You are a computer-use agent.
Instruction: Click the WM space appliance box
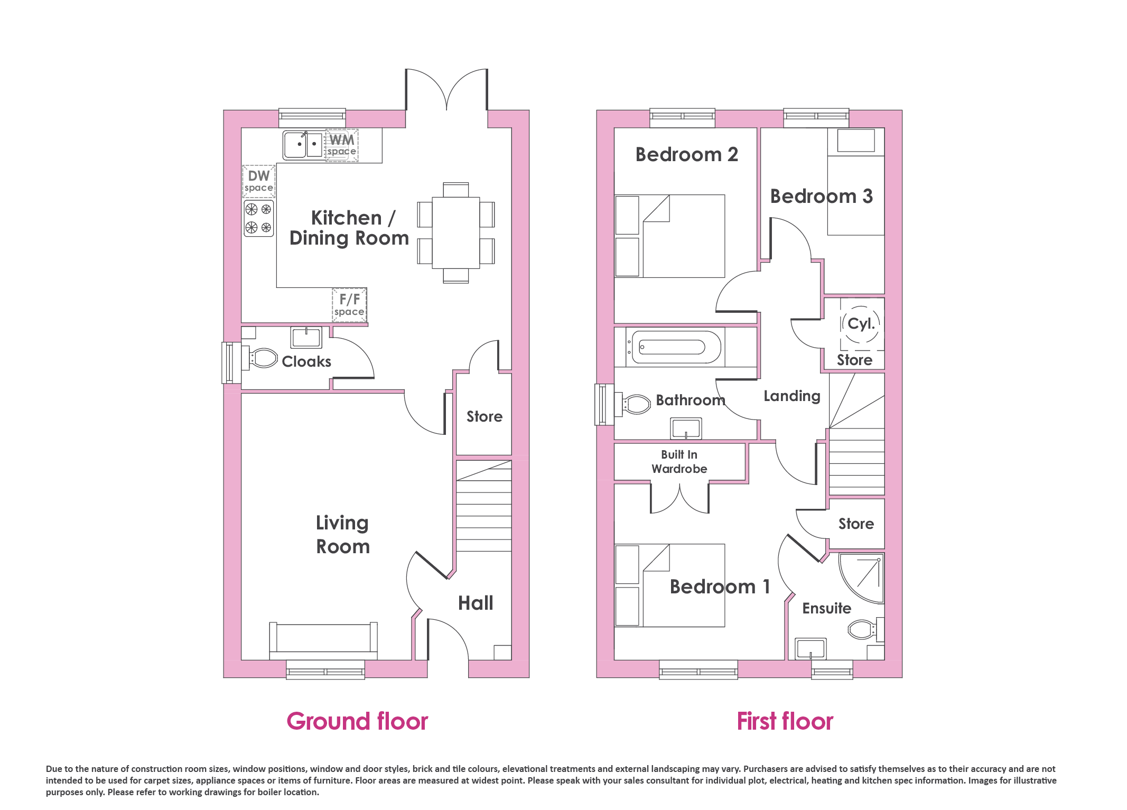click(x=342, y=145)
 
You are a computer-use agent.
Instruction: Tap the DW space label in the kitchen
click(x=259, y=181)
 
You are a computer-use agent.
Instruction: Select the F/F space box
click(x=349, y=305)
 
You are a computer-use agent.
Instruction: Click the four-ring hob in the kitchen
click(x=259, y=218)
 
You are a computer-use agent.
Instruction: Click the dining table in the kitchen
click(x=456, y=233)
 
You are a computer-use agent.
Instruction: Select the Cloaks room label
click(x=306, y=361)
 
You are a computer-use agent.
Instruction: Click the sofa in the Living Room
click(x=323, y=640)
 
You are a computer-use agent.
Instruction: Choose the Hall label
click(x=476, y=603)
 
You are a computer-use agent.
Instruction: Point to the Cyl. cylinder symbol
click(x=861, y=324)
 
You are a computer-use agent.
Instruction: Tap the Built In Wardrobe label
click(x=679, y=462)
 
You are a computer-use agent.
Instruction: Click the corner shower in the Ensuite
click(x=862, y=578)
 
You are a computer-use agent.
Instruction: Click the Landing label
click(x=792, y=396)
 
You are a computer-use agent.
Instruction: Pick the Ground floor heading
click(x=357, y=721)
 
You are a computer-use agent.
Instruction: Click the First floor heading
click(x=785, y=721)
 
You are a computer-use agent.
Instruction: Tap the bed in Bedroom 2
click(x=670, y=236)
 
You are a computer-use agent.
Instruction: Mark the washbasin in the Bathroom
click(x=686, y=428)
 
